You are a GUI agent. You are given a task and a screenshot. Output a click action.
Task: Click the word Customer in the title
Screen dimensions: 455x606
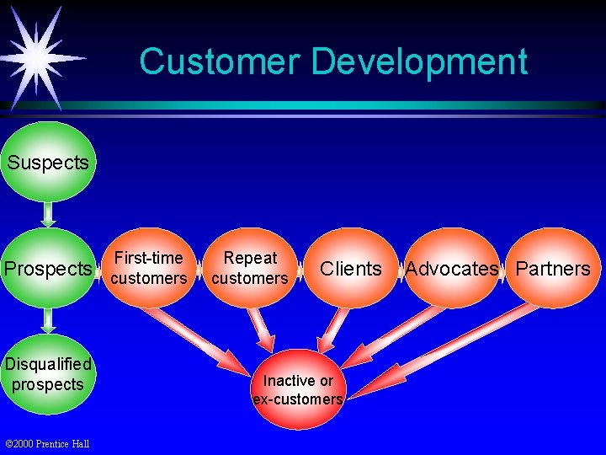220,62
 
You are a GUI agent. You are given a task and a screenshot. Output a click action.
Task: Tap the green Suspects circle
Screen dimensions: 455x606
48,162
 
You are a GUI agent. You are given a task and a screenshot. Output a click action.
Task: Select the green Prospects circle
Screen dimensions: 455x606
48,268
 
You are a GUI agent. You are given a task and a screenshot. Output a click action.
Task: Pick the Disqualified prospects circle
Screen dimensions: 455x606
48,374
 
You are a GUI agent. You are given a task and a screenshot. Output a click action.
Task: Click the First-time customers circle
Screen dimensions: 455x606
149,268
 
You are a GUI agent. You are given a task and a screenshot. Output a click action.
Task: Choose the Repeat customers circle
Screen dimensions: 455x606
250,268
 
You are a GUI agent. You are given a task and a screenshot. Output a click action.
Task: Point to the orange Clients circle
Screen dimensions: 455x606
350,268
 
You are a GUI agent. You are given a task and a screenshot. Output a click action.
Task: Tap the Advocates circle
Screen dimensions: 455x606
451,268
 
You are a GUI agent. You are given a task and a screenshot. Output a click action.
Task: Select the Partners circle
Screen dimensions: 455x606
553,268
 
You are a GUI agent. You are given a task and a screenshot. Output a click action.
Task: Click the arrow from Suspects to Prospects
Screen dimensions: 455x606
48,214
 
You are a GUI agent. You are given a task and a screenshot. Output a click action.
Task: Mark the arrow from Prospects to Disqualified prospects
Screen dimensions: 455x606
48,320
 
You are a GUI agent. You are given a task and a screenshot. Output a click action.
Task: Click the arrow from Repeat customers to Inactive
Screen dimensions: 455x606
263,329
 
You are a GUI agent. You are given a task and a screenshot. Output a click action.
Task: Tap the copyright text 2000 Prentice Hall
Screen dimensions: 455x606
47,444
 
